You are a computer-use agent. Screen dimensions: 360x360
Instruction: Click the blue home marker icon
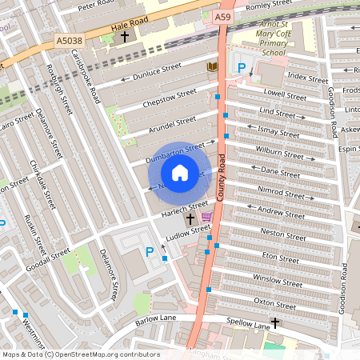(x=180, y=173)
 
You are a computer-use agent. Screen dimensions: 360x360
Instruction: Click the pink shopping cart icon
(x=206, y=218)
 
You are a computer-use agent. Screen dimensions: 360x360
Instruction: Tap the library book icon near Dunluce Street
(x=212, y=66)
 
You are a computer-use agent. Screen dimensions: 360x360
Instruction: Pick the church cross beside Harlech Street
(x=190, y=218)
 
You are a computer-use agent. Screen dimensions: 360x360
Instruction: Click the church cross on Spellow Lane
(x=275, y=322)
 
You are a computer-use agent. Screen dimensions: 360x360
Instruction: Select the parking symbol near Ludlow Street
(x=149, y=252)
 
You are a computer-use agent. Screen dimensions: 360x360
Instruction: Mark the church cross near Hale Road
(x=125, y=37)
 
